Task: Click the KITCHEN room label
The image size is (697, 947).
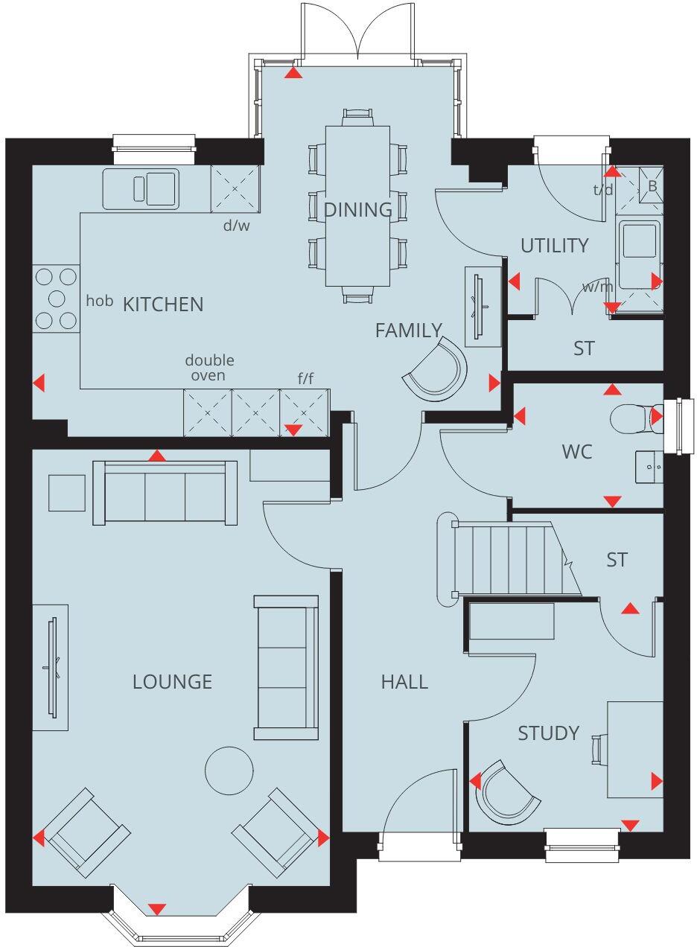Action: pyautogui.click(x=162, y=304)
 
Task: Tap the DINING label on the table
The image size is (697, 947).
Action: pyautogui.click(x=357, y=210)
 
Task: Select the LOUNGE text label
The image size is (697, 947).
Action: pyautogui.click(x=172, y=681)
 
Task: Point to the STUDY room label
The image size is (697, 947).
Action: pyautogui.click(x=548, y=733)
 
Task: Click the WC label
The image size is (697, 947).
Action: pyautogui.click(x=577, y=451)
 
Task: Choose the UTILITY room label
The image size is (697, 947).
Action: pyautogui.click(x=555, y=246)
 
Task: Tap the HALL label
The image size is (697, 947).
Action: pyautogui.click(x=404, y=681)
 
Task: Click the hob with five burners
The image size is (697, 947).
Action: pyautogui.click(x=57, y=299)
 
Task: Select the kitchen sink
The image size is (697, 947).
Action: pyautogui.click(x=141, y=188)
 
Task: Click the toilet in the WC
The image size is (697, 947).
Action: pyautogui.click(x=633, y=418)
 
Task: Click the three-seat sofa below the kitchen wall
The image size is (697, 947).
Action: pyautogui.click(x=165, y=493)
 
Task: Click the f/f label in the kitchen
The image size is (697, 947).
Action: pyautogui.click(x=305, y=379)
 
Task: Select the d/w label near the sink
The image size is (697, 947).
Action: pyautogui.click(x=237, y=225)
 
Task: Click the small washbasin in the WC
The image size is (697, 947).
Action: pyautogui.click(x=649, y=467)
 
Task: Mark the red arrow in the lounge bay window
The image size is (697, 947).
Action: pyautogui.click(x=156, y=909)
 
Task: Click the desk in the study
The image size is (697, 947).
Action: pyautogui.click(x=634, y=749)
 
